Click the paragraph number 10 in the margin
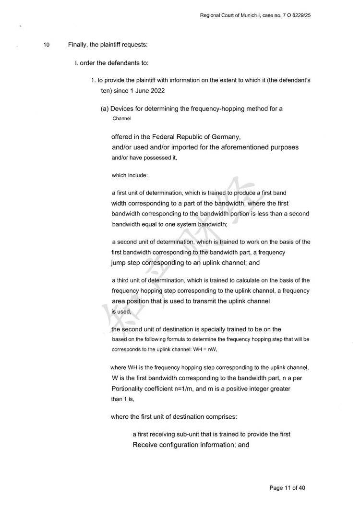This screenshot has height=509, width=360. click(x=47, y=45)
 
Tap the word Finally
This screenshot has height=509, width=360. click(x=78, y=45)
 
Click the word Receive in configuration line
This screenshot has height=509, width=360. click(x=144, y=445)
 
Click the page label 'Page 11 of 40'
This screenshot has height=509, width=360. click(x=288, y=488)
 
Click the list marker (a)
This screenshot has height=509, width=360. click(x=105, y=109)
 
